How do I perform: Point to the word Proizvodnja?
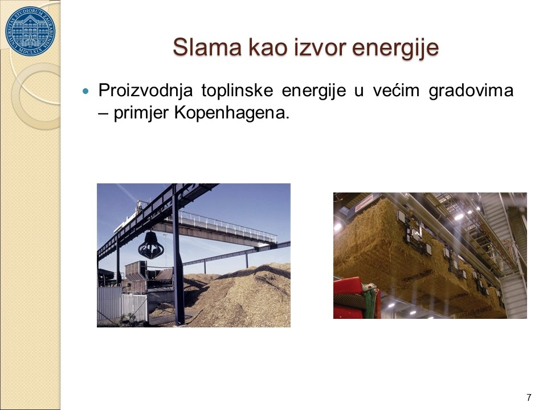(x=145, y=91)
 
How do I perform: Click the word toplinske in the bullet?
(x=237, y=91)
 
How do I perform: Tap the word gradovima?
(x=471, y=91)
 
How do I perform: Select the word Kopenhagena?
(x=232, y=113)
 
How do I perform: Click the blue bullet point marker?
(x=85, y=92)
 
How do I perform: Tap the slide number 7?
(x=529, y=397)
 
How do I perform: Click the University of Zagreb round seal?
(x=30, y=31)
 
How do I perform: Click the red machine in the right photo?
(x=356, y=298)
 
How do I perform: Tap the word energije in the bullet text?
(x=313, y=91)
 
